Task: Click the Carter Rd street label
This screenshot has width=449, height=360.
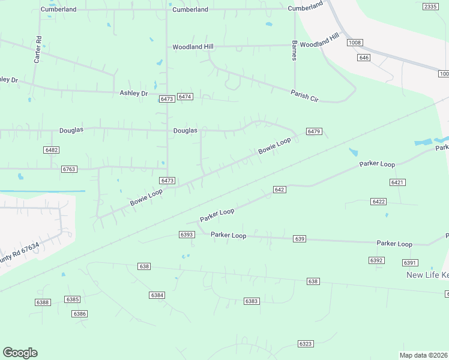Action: [x=38, y=50]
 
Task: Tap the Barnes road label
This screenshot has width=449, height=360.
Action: [x=294, y=50]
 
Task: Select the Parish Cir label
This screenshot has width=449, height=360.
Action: [x=304, y=95]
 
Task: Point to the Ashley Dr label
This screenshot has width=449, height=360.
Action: [x=133, y=93]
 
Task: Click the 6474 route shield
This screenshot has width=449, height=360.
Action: [x=185, y=97]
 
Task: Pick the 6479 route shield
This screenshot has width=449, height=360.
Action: [x=314, y=131]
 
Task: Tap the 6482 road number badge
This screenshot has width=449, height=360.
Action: [x=52, y=149]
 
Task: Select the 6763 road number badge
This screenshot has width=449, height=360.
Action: [x=69, y=169]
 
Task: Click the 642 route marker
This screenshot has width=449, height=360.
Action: [x=279, y=189]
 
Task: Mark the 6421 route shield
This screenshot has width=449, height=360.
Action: [x=397, y=182]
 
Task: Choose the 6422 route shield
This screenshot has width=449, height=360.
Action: [x=378, y=202]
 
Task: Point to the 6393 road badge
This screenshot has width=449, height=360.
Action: [x=186, y=234]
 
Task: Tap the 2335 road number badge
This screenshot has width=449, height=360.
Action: [x=430, y=6]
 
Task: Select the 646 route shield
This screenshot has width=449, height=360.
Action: [x=363, y=57]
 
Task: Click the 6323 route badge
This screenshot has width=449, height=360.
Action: [x=306, y=343]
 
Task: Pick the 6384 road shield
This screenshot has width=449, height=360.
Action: [x=157, y=295]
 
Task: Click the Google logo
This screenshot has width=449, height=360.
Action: [x=20, y=353]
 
